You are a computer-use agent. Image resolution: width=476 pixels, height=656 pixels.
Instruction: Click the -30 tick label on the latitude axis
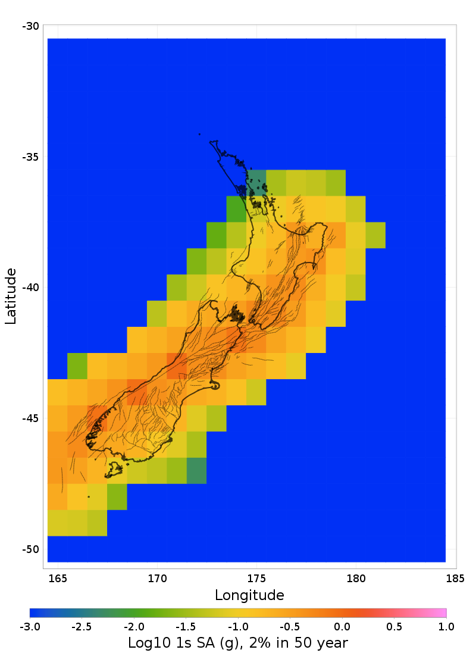point(30,26)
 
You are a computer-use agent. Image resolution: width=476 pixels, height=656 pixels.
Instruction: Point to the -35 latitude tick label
point(30,157)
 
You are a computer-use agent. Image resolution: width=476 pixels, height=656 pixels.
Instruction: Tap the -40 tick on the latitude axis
point(30,288)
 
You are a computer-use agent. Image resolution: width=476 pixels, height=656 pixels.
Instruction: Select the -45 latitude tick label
point(30,418)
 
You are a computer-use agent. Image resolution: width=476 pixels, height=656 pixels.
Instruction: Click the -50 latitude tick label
point(30,549)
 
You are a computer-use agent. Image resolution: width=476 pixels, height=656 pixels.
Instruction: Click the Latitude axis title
point(11,296)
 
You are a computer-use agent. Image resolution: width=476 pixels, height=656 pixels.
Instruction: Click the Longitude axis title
point(249,595)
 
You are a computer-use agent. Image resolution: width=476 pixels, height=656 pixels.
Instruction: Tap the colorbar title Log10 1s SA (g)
point(237,643)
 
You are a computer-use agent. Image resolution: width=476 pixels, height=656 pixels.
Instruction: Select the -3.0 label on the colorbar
point(30,627)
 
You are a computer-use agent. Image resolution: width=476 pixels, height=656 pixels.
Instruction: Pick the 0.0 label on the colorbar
point(342,627)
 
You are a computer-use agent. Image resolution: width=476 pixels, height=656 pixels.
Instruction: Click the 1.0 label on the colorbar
point(446,627)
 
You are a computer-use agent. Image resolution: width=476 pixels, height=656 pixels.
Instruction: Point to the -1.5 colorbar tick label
point(185,627)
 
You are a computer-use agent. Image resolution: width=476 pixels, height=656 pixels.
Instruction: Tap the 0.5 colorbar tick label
point(394,627)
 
